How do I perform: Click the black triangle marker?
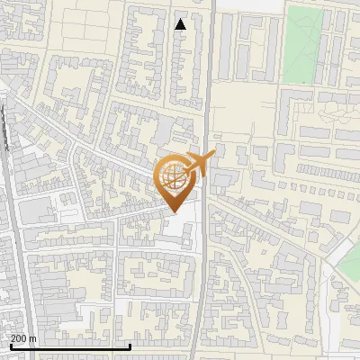coord(181,24)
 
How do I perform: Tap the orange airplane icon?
coord(199,165)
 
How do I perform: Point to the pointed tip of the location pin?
coord(175,212)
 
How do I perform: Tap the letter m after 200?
coord(33,338)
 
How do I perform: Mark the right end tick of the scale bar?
coord(130,346)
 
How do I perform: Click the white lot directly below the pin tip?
coord(180,229)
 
